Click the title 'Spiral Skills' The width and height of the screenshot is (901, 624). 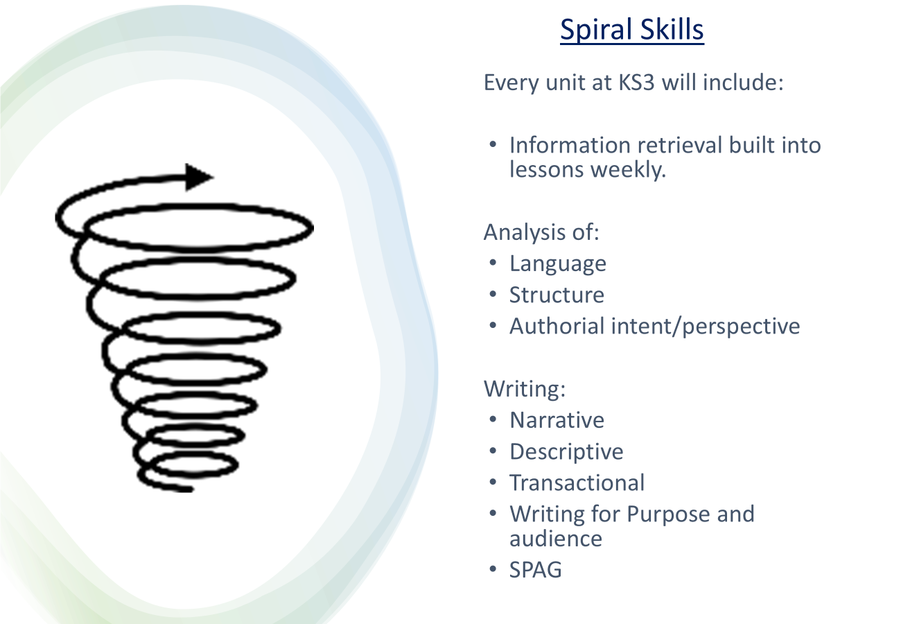pyautogui.click(x=632, y=30)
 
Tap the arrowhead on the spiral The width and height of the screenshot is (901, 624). pyautogui.click(x=199, y=177)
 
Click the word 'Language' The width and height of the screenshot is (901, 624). pyautogui.click(x=558, y=265)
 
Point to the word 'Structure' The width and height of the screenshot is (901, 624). pyautogui.click(x=557, y=295)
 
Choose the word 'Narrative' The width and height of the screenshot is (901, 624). pyautogui.click(x=557, y=420)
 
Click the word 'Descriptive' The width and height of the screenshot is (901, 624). pyautogui.click(x=566, y=452)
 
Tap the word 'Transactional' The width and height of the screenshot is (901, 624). pyautogui.click(x=577, y=483)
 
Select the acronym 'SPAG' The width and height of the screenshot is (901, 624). pyautogui.click(x=535, y=570)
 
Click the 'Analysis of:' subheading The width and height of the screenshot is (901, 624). pyautogui.click(x=541, y=232)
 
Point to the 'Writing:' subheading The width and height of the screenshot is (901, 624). pyautogui.click(x=525, y=389)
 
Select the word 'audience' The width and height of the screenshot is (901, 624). pyautogui.click(x=556, y=539)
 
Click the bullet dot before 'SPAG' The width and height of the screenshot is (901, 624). pyautogui.click(x=493, y=569)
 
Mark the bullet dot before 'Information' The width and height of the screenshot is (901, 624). pyautogui.click(x=493, y=145)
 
